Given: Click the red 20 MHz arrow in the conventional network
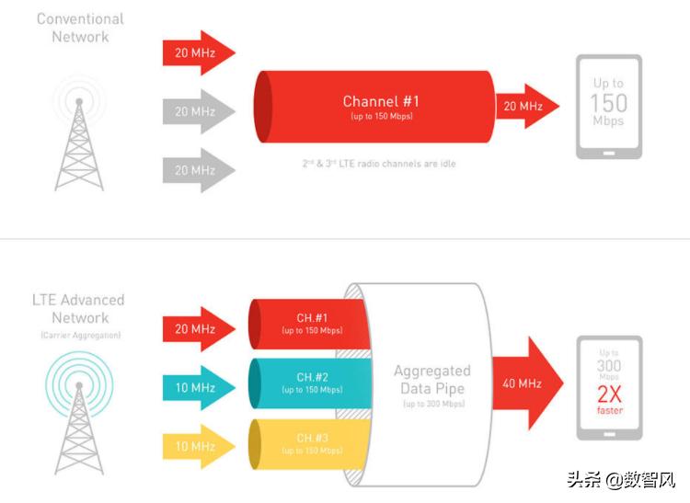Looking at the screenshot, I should pyautogui.click(x=196, y=52).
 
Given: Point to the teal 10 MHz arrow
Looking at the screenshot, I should pyautogui.click(x=196, y=387).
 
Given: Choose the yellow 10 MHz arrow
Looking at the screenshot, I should pyautogui.click(x=196, y=445).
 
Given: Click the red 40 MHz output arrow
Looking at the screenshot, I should pyautogui.click(x=525, y=383).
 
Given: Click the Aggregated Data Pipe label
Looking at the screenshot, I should pyautogui.click(x=431, y=380).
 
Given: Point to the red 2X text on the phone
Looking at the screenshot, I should pyautogui.click(x=609, y=394).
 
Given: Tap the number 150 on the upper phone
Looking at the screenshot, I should pyautogui.click(x=607, y=103).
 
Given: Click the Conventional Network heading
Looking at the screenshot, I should pyautogui.click(x=80, y=28).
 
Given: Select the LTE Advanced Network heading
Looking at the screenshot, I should pyautogui.click(x=78, y=308).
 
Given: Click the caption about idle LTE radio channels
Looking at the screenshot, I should pyautogui.click(x=379, y=164).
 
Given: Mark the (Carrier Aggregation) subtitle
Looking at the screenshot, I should pyautogui.click(x=78, y=336).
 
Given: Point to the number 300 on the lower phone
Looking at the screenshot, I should pyautogui.click(x=609, y=365).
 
